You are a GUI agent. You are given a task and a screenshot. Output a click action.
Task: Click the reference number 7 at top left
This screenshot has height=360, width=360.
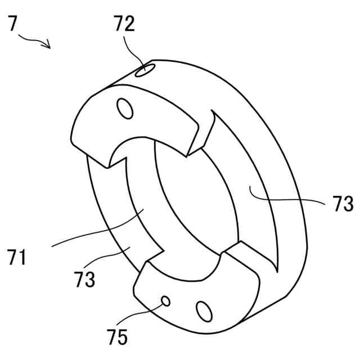pos(13,25)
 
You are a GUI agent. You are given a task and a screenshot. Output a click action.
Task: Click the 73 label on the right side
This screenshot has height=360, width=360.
pos(343,204)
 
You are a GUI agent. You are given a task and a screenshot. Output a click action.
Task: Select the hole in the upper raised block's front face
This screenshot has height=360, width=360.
pos(126,108)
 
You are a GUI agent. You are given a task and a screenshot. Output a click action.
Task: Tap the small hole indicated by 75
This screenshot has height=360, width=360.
pos(166,301)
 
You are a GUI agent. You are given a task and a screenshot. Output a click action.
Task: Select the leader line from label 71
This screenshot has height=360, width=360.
pos(96,231)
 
